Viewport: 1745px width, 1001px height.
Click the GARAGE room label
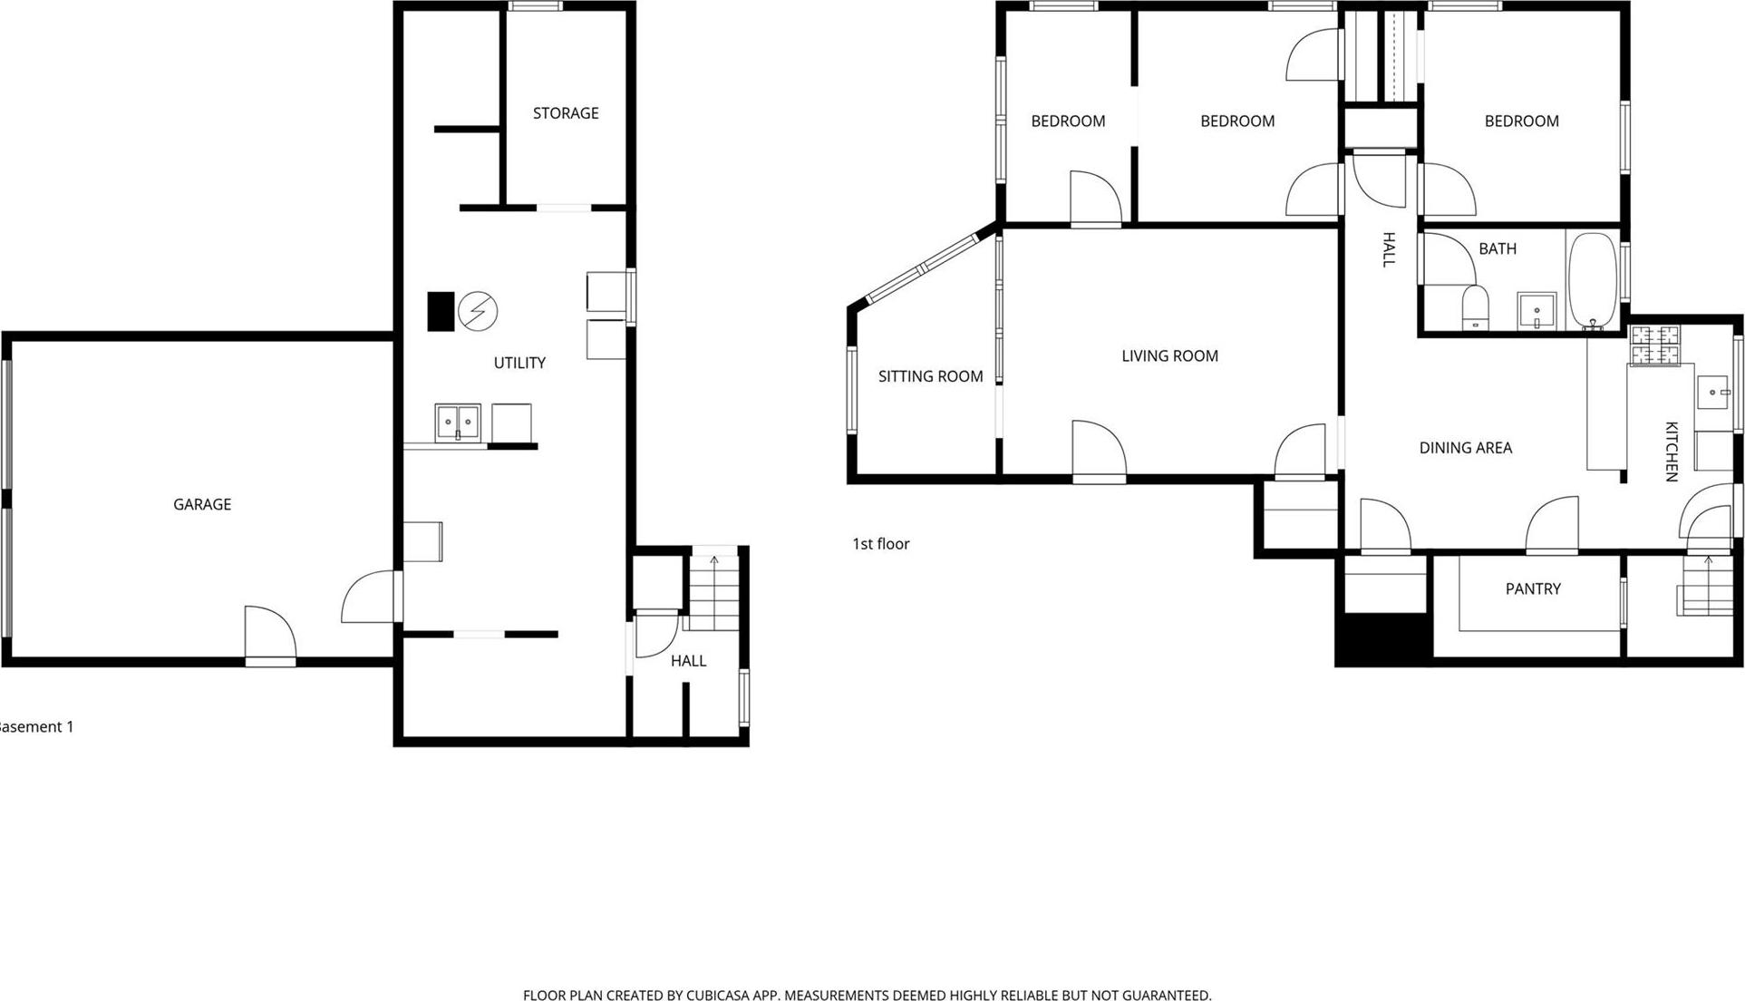(x=202, y=504)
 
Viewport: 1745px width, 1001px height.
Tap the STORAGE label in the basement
(x=566, y=113)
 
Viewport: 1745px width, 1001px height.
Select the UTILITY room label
(x=519, y=363)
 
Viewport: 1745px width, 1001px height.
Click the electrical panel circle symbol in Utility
(x=478, y=311)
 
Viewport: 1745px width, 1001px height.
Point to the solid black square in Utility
(x=441, y=311)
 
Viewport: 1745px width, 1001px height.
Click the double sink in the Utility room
(x=458, y=423)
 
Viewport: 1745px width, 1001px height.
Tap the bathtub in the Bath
(x=1593, y=281)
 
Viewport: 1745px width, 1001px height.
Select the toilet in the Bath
(x=1476, y=306)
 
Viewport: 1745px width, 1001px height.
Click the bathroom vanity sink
(x=1537, y=311)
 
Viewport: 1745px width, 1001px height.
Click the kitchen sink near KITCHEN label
(x=1713, y=393)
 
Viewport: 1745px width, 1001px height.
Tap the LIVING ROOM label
(x=1169, y=356)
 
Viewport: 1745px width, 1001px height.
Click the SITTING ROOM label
(x=930, y=376)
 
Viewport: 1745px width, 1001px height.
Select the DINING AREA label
(x=1465, y=448)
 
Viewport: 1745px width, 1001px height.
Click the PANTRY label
(x=1533, y=589)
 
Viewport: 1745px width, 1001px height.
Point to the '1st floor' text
(x=880, y=544)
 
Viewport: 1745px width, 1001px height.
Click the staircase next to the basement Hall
(x=714, y=594)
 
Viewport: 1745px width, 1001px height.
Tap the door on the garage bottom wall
(x=270, y=637)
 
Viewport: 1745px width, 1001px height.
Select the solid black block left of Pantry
(x=1383, y=638)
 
